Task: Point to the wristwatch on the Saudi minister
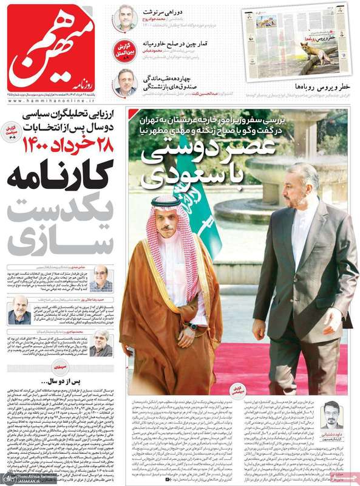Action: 192,326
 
